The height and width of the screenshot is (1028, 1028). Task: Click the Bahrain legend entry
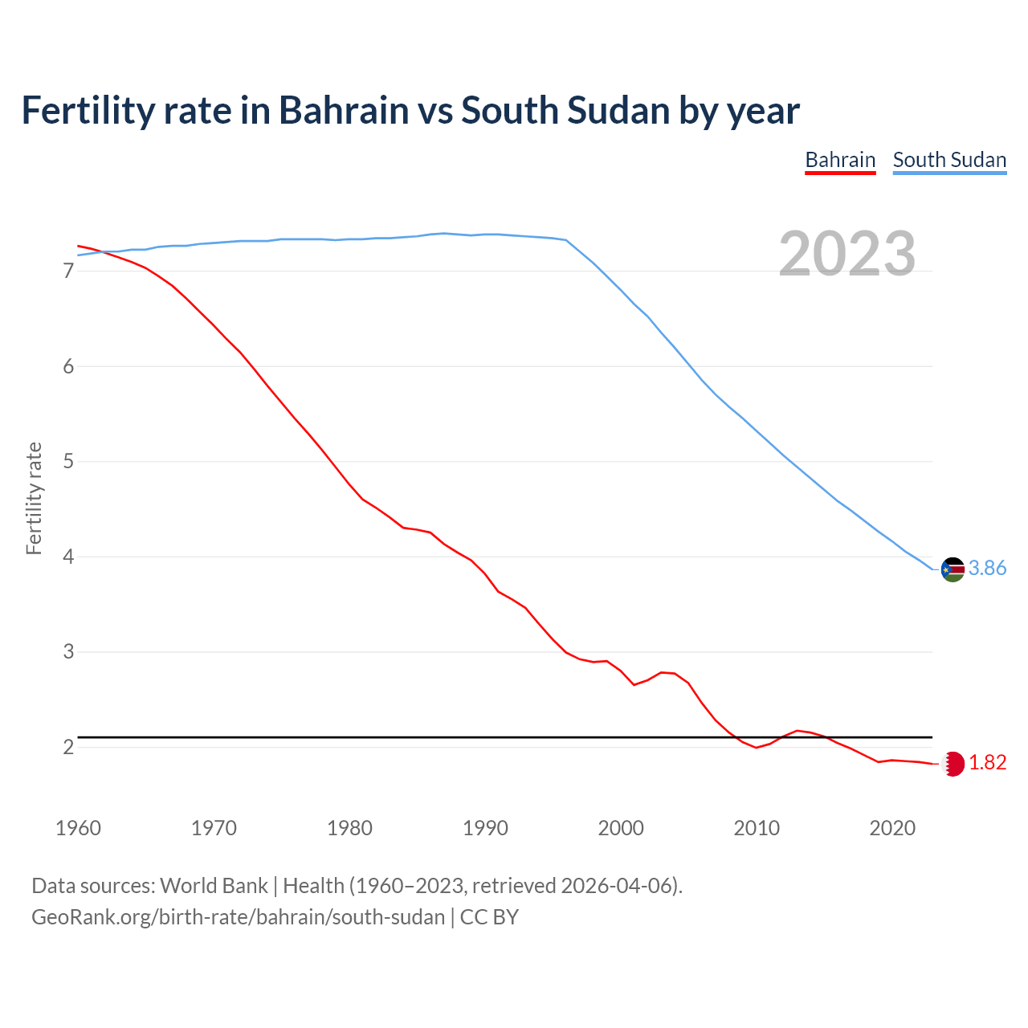coord(840,160)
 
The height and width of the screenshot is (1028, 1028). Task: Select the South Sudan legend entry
coord(949,160)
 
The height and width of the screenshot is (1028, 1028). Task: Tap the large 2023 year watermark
coord(847,254)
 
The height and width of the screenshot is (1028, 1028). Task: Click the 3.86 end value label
coord(987,569)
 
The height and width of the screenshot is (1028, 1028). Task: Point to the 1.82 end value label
coord(987,763)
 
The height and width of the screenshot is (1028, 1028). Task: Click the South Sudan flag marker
coord(953,569)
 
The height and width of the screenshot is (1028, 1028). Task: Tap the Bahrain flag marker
coord(953,764)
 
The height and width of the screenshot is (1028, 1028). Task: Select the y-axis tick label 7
coord(68,271)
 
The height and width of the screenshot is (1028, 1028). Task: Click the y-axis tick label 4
coord(68,557)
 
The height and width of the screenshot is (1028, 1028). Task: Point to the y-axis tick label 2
coord(68,748)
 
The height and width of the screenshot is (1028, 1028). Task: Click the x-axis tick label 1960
coord(78,828)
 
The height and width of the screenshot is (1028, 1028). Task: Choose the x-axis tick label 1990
coord(485,828)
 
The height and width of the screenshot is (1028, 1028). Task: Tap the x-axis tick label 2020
coord(892,828)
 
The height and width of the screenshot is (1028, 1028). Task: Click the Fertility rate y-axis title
coord(34,498)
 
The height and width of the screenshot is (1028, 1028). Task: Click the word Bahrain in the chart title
coord(344,111)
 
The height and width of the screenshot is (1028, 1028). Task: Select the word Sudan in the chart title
coord(618,111)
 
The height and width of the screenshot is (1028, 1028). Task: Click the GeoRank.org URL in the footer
coord(238,917)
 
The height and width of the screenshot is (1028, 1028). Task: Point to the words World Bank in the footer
coord(214,886)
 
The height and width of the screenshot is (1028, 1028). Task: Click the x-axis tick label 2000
coord(621,828)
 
